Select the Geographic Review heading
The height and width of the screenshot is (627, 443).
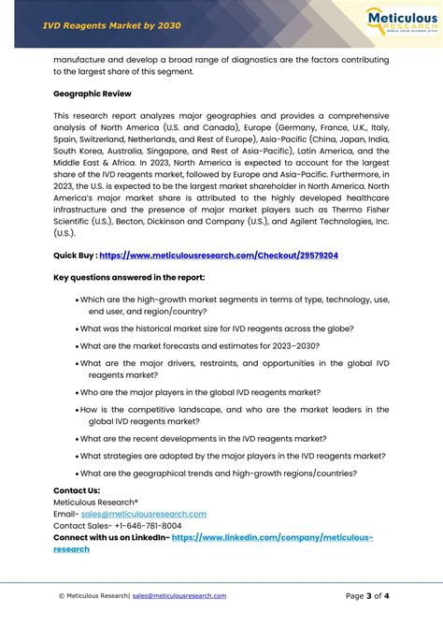point(92,94)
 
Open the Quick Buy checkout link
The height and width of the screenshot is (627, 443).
point(218,255)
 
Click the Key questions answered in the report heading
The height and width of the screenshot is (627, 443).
point(129,278)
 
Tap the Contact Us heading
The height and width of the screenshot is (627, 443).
point(77,490)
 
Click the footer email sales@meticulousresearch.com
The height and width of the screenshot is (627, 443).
point(179,595)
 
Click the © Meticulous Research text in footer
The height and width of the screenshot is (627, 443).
point(93,595)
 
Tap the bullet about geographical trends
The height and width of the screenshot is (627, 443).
point(218,474)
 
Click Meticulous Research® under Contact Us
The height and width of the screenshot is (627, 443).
point(95,502)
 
